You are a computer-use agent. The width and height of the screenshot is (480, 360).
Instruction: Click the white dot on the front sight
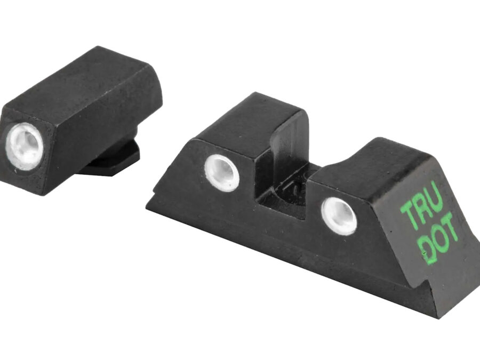tap(25, 146)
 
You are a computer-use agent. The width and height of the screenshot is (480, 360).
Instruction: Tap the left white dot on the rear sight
tap(222, 173)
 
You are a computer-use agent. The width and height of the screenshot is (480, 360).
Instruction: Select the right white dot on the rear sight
tap(339, 216)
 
